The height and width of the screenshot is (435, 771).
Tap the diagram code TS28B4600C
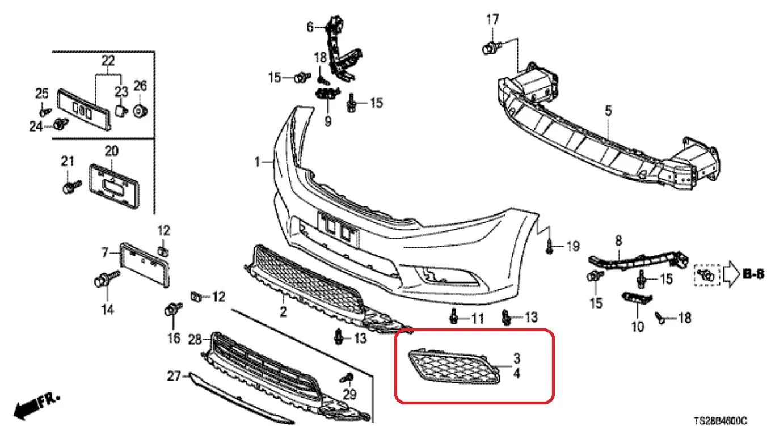pos(721,421)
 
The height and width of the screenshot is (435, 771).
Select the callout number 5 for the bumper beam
pos(609,111)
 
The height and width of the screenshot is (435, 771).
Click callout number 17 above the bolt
pos(492,19)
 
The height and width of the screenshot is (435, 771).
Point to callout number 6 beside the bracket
pos(310,27)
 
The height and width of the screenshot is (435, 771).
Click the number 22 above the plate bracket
pos(108,61)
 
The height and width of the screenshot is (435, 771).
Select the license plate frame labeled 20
pos(115,186)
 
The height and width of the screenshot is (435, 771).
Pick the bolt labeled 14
pos(106,279)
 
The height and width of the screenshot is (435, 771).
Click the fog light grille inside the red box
pos(454,368)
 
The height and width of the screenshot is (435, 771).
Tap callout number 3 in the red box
pos(517,358)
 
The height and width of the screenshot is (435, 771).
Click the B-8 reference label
pos(753,274)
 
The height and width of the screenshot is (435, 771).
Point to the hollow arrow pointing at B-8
pos(731,274)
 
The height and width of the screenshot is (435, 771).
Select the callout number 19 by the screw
pos(573,246)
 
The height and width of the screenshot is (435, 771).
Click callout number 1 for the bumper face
pos(257,162)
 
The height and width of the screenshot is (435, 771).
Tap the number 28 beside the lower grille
pos(195,340)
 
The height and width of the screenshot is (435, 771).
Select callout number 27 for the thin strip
pos(174,376)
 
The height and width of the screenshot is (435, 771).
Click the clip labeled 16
pos(173,310)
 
